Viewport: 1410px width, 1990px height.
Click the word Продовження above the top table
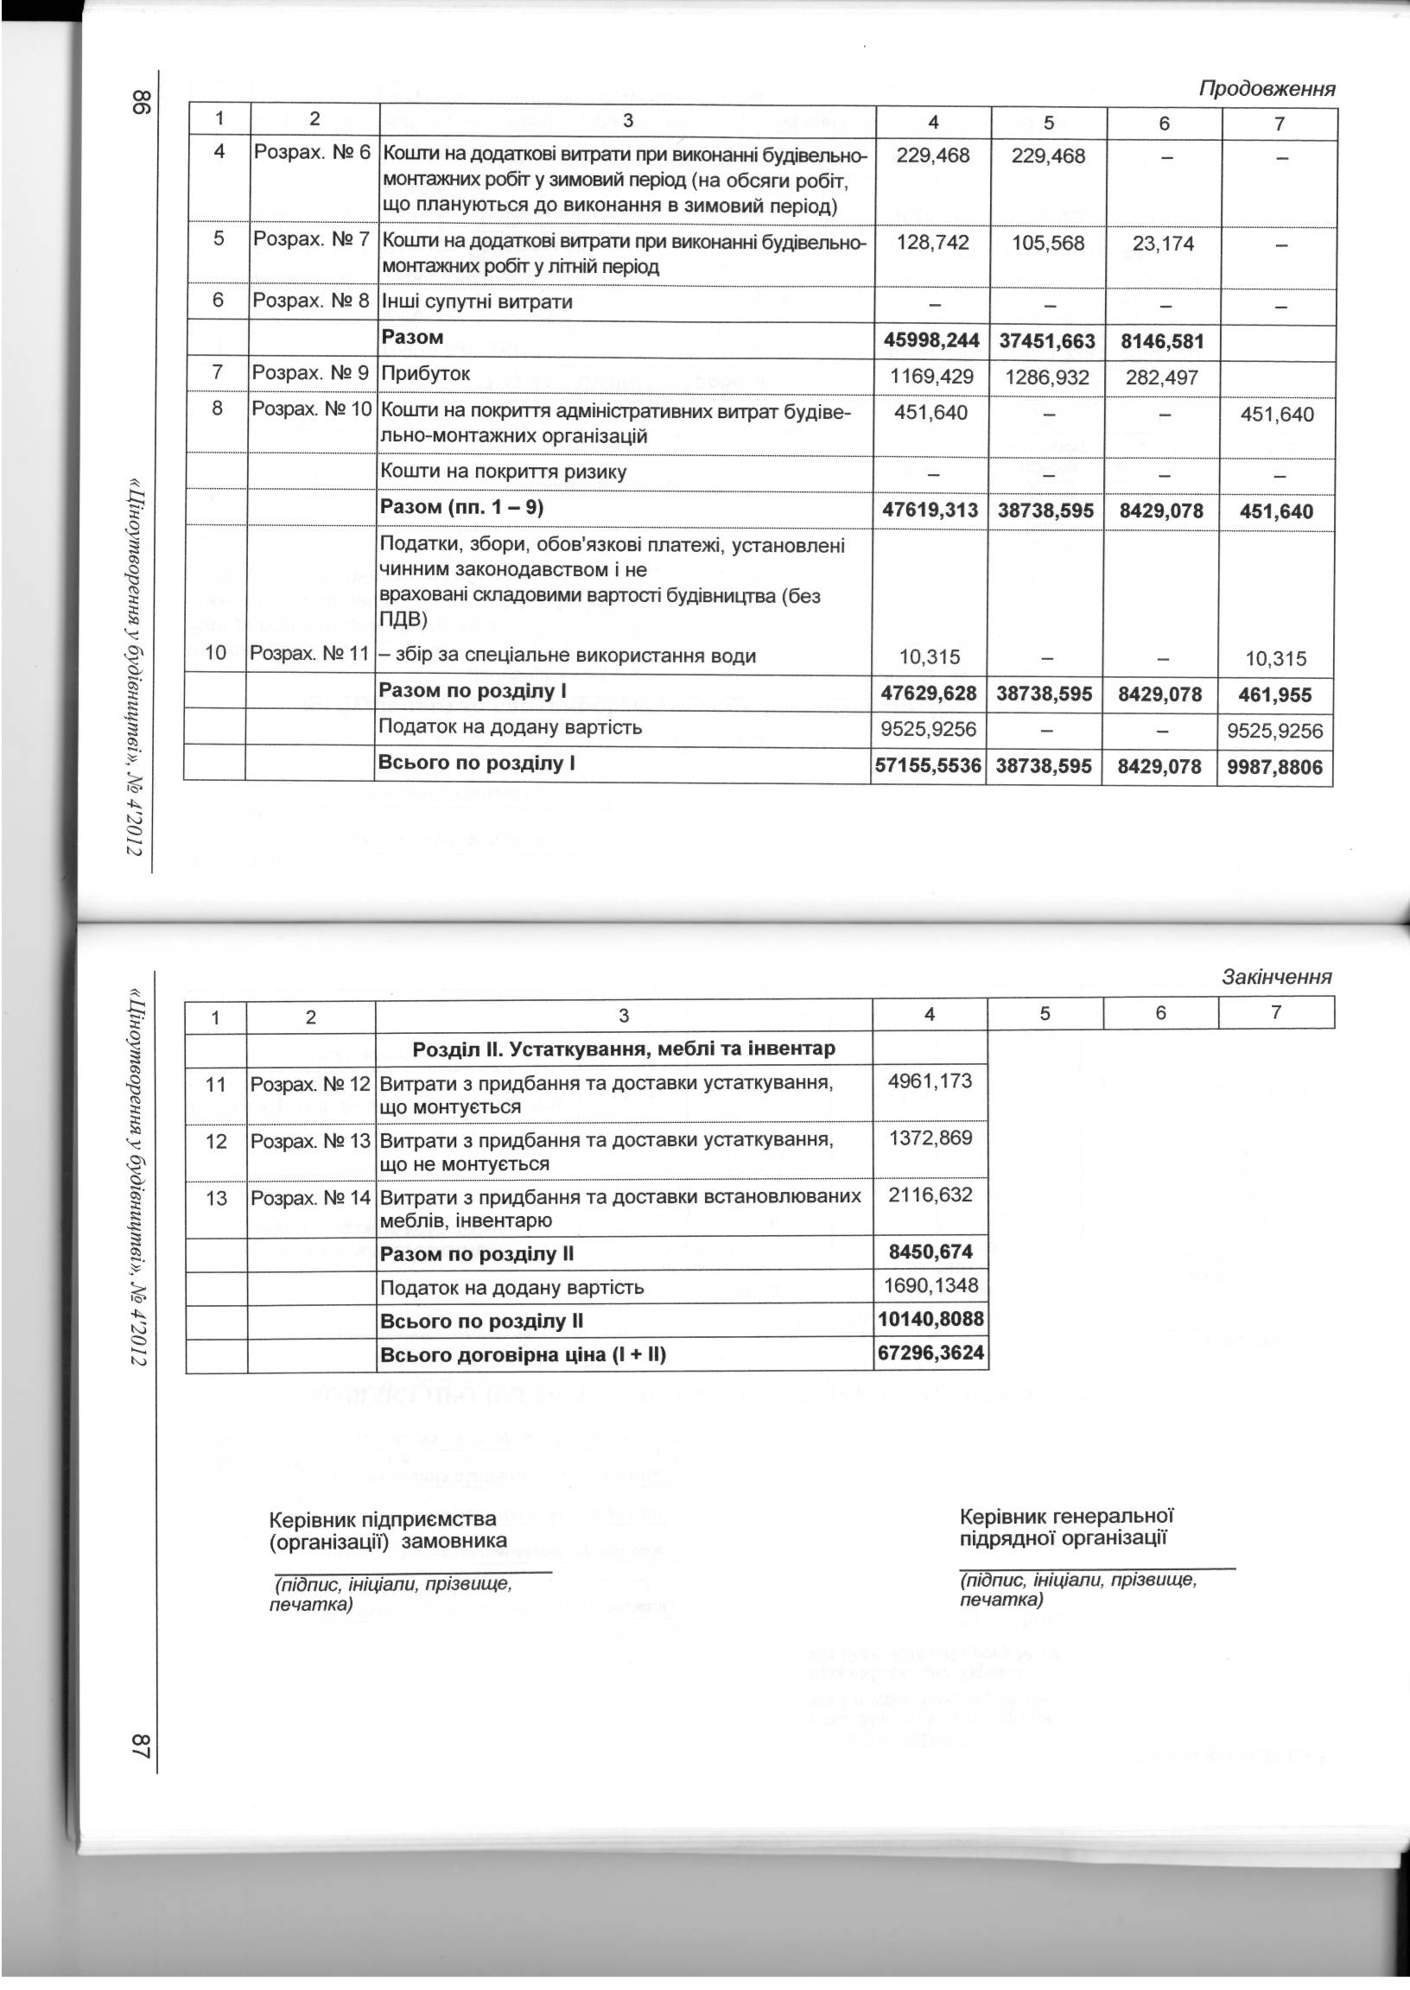pos(1267,88)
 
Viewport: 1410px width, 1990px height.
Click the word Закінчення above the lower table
pos(1276,976)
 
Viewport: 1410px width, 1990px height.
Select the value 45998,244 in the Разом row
pos(931,341)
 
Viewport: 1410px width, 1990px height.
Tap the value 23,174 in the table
pos(1163,244)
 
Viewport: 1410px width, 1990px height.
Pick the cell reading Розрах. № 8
pos(311,302)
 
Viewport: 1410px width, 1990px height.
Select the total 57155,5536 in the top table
pos(928,767)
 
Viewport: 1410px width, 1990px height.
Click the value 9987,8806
pos(1274,767)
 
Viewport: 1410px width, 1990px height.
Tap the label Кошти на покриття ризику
pos(504,472)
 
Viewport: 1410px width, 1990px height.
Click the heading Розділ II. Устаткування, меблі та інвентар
pos(624,1049)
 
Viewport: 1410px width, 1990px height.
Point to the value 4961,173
pos(930,1081)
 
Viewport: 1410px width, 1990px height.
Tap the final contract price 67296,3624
pos(930,1353)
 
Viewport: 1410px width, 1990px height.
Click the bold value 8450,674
pos(930,1252)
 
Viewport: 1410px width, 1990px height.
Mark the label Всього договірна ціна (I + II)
pos(523,1354)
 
